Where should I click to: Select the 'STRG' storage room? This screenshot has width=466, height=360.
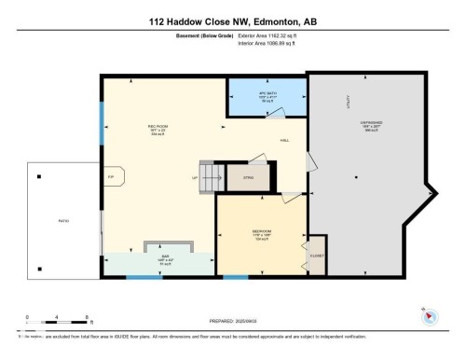(249, 175)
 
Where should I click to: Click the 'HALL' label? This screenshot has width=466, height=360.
(284, 141)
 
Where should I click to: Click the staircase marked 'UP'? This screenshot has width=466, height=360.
(210, 176)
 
